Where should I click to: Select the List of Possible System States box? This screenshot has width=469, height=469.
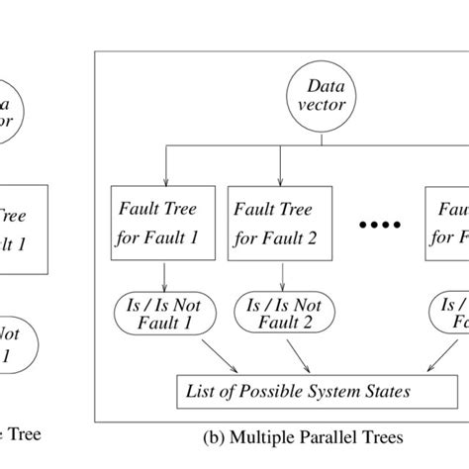pyautogui.click(x=296, y=391)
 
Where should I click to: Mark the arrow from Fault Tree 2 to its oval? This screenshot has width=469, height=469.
pyautogui.click(x=273, y=275)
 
